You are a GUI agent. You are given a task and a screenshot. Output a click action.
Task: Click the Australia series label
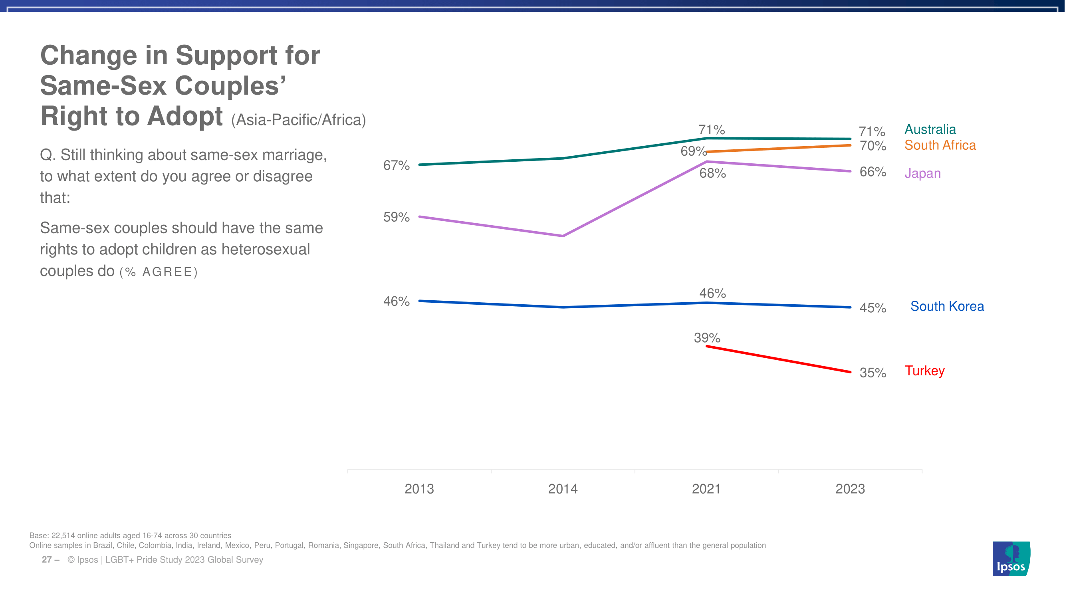click(x=930, y=129)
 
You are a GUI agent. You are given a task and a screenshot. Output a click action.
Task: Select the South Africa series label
click(x=940, y=145)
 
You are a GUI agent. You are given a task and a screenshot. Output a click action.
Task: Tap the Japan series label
click(x=922, y=173)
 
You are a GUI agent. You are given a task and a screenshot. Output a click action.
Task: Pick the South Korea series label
click(x=947, y=306)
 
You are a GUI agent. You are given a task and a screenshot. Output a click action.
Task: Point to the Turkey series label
click(x=924, y=371)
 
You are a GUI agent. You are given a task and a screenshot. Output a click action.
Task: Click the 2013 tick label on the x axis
click(x=419, y=489)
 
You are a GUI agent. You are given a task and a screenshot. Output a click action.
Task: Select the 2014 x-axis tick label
click(x=563, y=489)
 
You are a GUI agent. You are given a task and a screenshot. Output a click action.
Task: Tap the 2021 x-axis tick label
click(x=706, y=489)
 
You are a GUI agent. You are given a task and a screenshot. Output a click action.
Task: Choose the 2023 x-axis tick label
click(x=850, y=489)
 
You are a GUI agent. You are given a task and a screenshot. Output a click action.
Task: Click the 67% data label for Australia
click(x=396, y=165)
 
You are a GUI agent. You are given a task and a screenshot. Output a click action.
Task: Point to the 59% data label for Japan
click(x=396, y=217)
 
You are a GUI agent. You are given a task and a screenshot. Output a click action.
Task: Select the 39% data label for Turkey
click(x=707, y=338)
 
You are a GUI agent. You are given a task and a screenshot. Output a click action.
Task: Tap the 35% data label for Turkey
click(x=873, y=373)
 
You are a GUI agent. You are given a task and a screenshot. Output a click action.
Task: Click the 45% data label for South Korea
click(x=873, y=308)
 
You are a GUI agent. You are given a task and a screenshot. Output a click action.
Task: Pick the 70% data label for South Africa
click(x=873, y=146)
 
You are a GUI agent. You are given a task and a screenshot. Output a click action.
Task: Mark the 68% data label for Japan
click(x=712, y=173)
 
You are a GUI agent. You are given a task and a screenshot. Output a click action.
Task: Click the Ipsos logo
click(x=1011, y=559)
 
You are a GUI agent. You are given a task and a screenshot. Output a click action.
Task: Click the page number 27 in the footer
click(x=47, y=560)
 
